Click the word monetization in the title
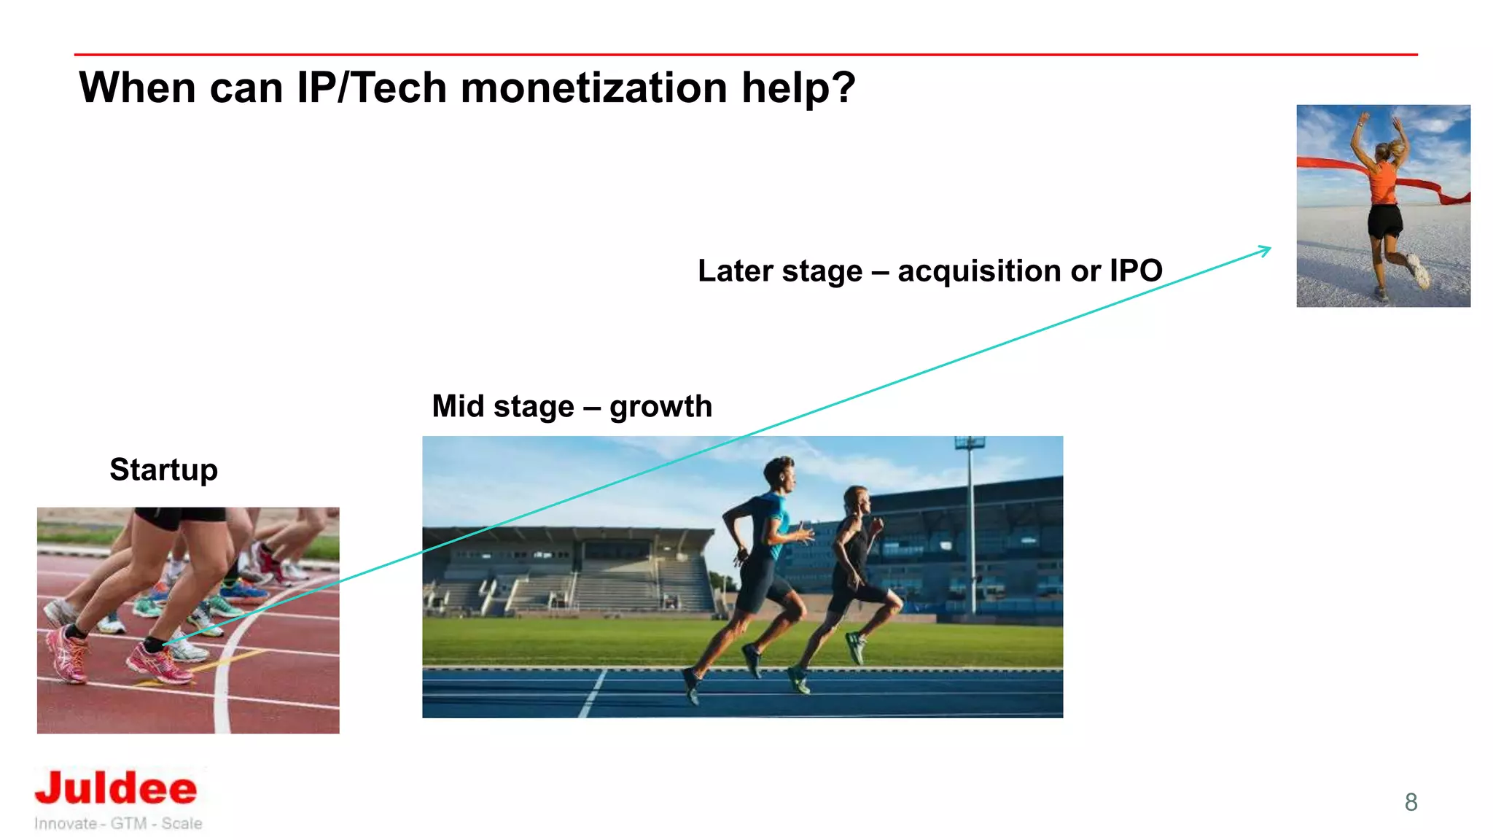594,88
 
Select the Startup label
163,470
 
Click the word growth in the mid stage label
660,407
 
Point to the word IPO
1136,271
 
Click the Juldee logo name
117,789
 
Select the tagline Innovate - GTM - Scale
118,823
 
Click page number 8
1411,802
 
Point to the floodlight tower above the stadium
970,443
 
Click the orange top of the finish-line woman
1383,182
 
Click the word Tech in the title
399,88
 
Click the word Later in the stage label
734,271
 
